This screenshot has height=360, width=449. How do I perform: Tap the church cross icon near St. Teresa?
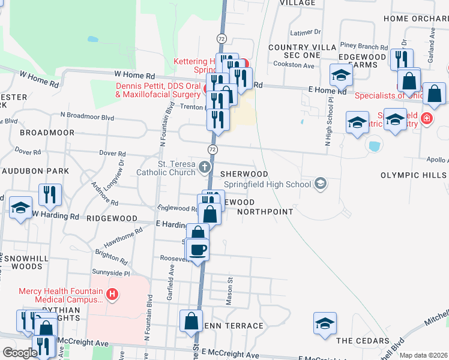tap(204, 167)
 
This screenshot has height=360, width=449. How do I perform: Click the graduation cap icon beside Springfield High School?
tap(321, 184)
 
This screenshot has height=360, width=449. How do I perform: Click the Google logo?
tap(20, 353)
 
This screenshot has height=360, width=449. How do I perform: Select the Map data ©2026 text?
tap(424, 355)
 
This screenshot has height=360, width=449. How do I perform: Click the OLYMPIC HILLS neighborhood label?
tap(414, 175)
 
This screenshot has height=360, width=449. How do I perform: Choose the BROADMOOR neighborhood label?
tap(47, 132)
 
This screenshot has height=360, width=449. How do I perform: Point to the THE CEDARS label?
tap(363, 341)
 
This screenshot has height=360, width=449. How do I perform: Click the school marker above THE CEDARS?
tap(325, 322)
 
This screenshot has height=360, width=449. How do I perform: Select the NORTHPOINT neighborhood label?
tap(265, 211)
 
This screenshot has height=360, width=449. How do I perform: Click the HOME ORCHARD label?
tap(415, 18)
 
